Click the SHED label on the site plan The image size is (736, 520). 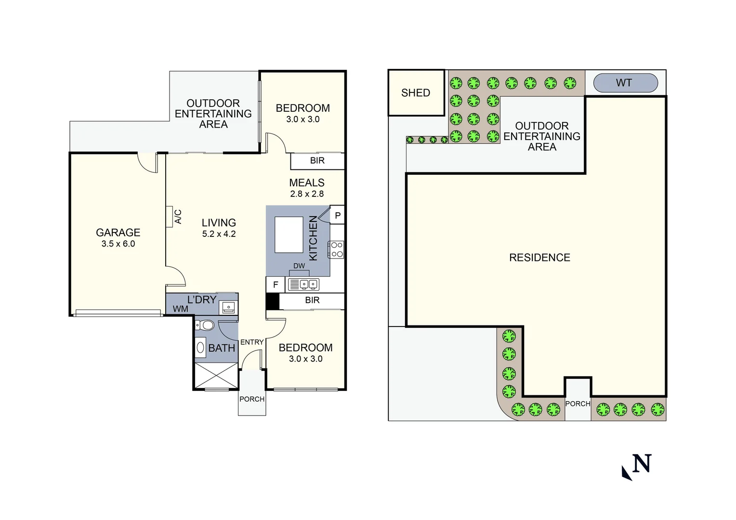pyautogui.click(x=415, y=93)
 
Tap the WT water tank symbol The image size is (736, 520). pyautogui.click(x=625, y=83)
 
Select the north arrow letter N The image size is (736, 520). pyautogui.click(x=642, y=464)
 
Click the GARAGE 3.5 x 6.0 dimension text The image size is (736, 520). pyautogui.click(x=118, y=244)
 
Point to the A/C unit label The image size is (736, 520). pyautogui.click(x=178, y=217)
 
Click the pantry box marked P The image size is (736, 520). pyautogui.click(x=337, y=215)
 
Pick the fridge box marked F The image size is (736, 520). pyautogui.click(x=276, y=285)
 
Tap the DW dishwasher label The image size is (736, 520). pyautogui.click(x=299, y=266)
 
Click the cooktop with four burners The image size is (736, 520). pyautogui.click(x=337, y=249)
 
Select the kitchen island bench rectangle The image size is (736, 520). pyautogui.click(x=289, y=234)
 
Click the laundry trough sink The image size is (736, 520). pyautogui.click(x=228, y=307)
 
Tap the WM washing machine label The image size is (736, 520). pyautogui.click(x=181, y=309)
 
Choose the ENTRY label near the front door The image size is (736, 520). pyautogui.click(x=252, y=342)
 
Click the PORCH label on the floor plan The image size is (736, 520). pyautogui.click(x=252, y=399)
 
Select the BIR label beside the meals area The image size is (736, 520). pyautogui.click(x=317, y=161)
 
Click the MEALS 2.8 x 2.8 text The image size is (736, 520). pyautogui.click(x=307, y=188)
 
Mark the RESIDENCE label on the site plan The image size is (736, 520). pyautogui.click(x=539, y=258)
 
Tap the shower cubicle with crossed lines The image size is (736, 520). pyautogui.click(x=216, y=375)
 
